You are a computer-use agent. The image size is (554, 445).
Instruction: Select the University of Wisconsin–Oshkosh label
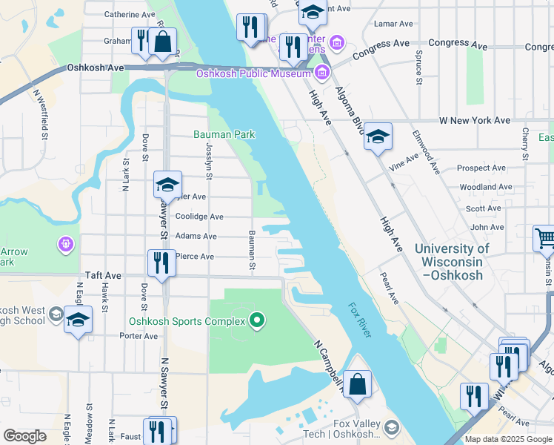click(452, 262)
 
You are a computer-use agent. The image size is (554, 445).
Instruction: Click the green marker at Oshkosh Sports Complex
click(257, 320)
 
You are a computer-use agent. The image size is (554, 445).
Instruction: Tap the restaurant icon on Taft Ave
click(161, 263)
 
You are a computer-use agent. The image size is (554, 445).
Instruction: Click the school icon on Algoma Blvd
click(378, 136)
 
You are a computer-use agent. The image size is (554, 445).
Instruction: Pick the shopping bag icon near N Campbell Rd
click(357, 385)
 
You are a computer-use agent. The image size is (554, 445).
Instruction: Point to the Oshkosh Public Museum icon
click(322, 73)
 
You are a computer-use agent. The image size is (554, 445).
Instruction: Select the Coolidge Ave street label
click(199, 217)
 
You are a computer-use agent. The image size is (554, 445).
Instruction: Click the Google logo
click(25, 436)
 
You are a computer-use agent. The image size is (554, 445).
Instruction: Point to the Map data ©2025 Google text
click(508, 439)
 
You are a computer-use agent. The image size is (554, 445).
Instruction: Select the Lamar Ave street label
click(393, 24)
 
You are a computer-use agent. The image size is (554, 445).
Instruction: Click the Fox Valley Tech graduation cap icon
click(391, 427)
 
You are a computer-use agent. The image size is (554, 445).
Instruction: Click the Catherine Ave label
click(130, 14)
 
